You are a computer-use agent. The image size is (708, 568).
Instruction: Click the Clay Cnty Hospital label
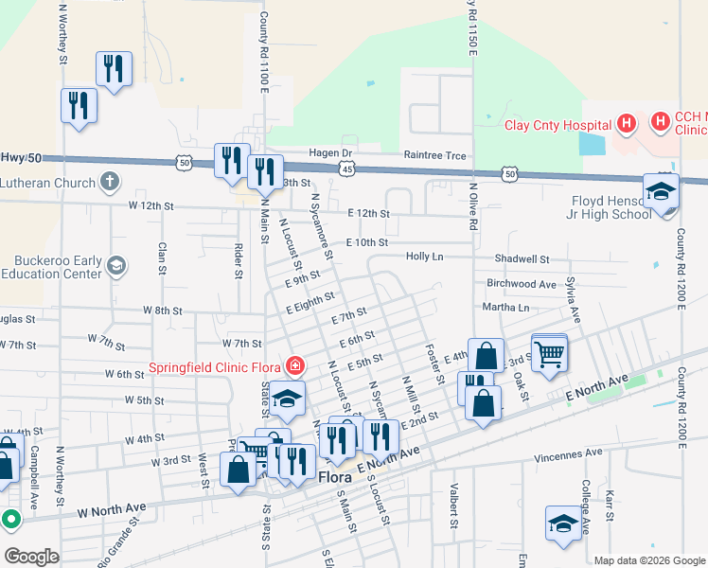pos(557,125)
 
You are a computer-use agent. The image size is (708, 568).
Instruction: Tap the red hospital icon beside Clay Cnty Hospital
pos(625,123)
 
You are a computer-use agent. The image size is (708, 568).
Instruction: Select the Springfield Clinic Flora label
pos(216,366)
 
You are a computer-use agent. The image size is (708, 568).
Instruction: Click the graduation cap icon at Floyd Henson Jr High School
pos(661,192)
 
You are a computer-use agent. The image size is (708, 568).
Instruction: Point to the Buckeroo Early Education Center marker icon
pos(116,264)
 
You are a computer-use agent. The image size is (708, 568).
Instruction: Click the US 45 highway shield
pos(347,169)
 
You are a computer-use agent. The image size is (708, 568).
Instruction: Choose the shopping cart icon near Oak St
pos(549,353)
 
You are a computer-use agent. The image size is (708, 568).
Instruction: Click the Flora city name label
pos(336,478)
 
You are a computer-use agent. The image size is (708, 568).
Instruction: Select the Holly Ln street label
pos(424,257)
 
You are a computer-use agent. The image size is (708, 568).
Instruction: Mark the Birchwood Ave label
pos(521,284)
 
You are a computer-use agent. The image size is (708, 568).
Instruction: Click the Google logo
pos(31,557)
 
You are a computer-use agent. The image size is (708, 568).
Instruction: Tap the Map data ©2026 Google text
pos(648,560)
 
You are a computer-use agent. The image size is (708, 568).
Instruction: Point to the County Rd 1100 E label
pos(264,52)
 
